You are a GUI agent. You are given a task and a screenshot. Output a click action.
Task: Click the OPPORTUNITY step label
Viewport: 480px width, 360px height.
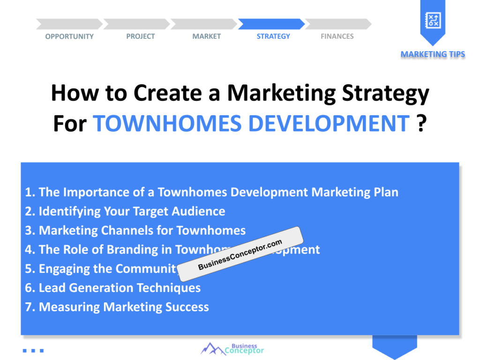[69, 37]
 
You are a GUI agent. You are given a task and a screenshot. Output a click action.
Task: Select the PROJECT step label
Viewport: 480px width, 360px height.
[140, 37]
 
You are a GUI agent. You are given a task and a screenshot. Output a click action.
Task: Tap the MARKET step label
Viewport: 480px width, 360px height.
[206, 37]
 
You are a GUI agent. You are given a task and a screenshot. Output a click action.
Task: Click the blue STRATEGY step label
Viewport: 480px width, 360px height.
[273, 37]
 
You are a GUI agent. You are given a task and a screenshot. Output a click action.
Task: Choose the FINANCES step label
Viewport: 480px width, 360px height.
[337, 37]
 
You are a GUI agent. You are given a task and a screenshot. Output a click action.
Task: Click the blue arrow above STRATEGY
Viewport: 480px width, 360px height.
[271, 24]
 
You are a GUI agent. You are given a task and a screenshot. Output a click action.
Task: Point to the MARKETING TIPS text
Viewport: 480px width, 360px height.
[433, 54]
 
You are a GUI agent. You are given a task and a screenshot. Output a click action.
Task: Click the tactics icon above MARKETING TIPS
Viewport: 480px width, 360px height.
[432, 19]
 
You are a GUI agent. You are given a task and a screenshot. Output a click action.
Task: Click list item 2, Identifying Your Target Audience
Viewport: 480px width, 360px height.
[125, 211]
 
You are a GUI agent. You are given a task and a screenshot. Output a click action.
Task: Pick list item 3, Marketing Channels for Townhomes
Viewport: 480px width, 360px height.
[135, 231]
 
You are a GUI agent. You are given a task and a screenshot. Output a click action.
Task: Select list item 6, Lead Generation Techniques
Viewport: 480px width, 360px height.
[113, 288]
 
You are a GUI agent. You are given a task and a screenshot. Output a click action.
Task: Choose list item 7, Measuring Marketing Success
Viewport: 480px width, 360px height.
[117, 307]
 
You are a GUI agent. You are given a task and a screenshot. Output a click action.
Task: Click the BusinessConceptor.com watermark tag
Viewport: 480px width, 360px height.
[240, 255]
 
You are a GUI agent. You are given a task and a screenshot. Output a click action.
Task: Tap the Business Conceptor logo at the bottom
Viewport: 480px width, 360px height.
[232, 348]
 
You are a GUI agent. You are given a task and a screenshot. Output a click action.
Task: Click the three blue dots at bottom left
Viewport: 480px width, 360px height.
[33, 350]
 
